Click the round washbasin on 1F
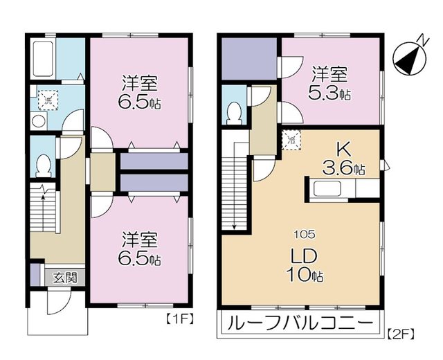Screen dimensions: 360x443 pos(39,120)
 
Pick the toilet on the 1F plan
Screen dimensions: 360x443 pos(43,165)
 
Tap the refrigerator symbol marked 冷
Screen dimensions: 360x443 pos(291,140)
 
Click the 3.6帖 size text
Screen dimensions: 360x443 pos(345,168)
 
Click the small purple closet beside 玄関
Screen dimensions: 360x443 pos(35,276)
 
